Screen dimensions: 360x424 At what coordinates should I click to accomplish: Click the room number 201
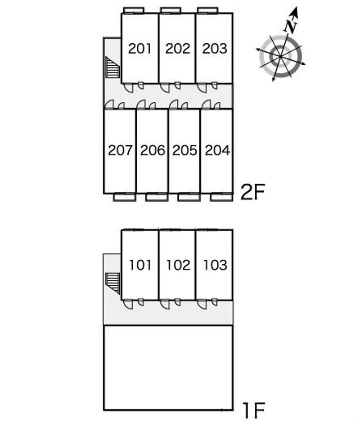point(139,49)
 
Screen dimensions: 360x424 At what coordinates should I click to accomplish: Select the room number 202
point(178,49)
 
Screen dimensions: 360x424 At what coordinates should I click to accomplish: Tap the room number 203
point(215,49)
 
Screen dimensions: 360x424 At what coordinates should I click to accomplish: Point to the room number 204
point(217,150)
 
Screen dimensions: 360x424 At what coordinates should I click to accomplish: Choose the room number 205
point(185,150)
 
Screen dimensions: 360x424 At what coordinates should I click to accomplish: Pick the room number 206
point(153,150)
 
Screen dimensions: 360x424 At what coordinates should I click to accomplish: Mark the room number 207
point(120,150)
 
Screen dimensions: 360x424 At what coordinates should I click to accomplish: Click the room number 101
point(140,265)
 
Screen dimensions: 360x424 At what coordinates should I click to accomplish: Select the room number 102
point(178,265)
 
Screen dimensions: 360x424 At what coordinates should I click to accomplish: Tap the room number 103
point(215,265)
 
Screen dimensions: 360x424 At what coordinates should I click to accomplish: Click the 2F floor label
point(253,192)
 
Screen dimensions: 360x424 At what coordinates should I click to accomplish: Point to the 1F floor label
point(253,410)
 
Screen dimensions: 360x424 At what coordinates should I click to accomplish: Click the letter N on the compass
point(291,26)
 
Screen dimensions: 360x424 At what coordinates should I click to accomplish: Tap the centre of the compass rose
point(280,57)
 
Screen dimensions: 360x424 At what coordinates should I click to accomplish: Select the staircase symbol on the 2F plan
point(112,68)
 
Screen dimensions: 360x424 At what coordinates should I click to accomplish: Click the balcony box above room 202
point(170,10)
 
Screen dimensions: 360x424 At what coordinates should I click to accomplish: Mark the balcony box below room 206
point(157,197)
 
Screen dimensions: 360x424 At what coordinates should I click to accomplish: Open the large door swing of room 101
point(128,304)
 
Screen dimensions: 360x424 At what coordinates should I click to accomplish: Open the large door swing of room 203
point(202,88)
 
